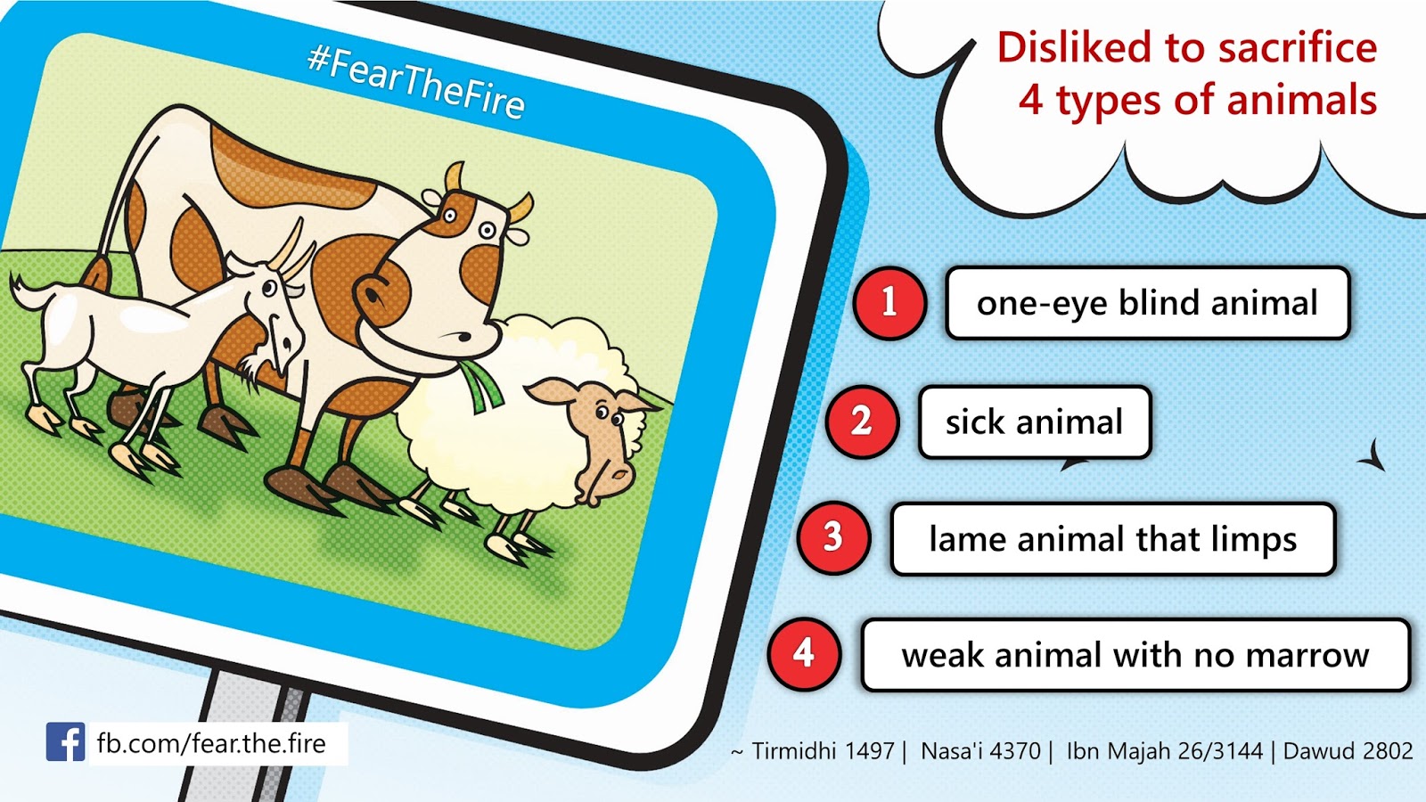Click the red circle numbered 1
(890, 302)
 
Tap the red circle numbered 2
(862, 421)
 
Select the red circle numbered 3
(833, 538)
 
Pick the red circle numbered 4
(804, 654)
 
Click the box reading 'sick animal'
(1035, 422)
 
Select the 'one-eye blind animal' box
(1147, 303)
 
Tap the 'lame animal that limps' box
(1113, 539)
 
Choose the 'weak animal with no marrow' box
(1135, 655)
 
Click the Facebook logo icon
(65, 741)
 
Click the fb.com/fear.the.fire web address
(211, 743)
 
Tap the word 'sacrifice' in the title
(1297, 48)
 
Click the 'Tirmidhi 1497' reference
(824, 751)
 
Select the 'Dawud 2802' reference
(1348, 751)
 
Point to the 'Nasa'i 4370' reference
(980, 751)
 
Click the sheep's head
(595, 433)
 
